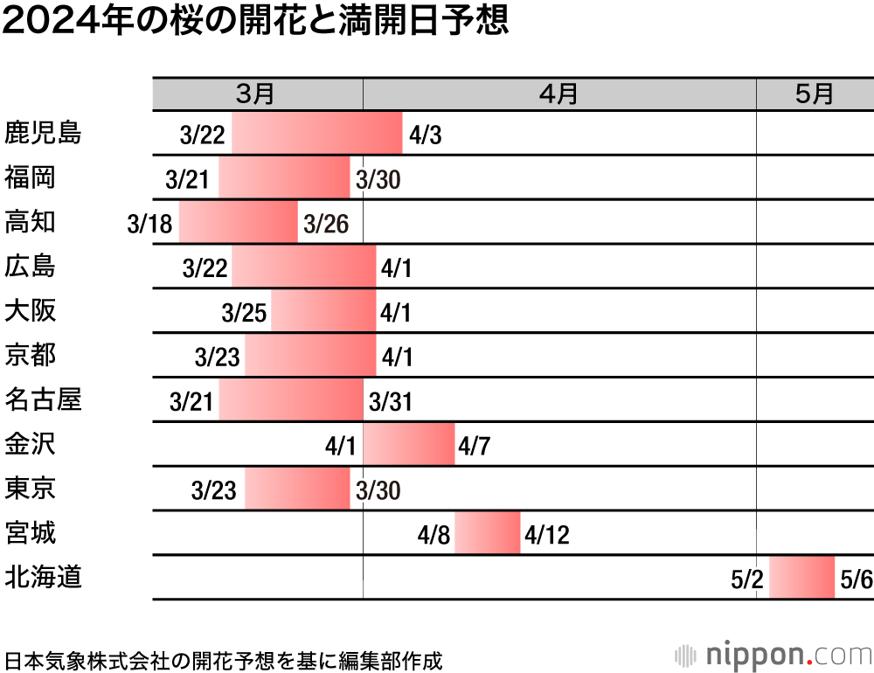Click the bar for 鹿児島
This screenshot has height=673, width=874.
pos(316,134)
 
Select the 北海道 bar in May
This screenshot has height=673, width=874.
pos(801,577)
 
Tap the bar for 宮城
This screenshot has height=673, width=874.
pos(487,533)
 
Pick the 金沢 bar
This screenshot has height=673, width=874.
pos(408,444)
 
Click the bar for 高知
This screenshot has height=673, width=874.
pos(238,222)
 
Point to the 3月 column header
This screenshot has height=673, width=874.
pos(256,94)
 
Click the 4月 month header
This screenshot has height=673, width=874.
pos(558,94)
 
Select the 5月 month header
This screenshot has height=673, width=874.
pos(814,94)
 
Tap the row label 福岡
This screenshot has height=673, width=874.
pos(31,177)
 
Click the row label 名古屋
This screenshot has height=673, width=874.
pos(43,399)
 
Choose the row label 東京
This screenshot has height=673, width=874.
pos(31,488)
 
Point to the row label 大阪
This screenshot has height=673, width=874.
pos(31,310)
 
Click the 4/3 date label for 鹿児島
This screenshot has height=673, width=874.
pos(427,135)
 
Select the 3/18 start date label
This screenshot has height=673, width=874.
pos(149,225)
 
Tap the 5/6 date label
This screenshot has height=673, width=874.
pos(855,579)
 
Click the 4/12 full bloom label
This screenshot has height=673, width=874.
pos(546,535)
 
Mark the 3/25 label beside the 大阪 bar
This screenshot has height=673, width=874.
pos(244,313)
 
